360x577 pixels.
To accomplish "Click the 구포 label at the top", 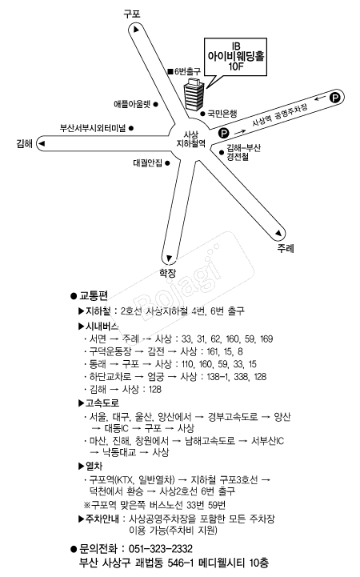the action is (x=132, y=14).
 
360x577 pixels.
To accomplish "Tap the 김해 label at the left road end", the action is (x=25, y=143).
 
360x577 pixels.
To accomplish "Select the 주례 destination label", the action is (x=286, y=248).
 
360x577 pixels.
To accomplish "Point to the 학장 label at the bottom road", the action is (x=168, y=273).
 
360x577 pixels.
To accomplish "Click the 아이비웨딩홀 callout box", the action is (x=235, y=57).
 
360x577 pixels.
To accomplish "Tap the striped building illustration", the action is (x=194, y=94).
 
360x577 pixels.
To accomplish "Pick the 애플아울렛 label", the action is (x=132, y=104).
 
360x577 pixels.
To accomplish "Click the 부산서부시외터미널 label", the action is (x=93, y=128).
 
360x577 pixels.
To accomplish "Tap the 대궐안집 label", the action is (x=147, y=162).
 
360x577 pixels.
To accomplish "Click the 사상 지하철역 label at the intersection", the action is (x=191, y=139).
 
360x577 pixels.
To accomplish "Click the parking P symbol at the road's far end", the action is (x=335, y=98).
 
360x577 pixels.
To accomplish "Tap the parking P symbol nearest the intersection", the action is (x=223, y=133).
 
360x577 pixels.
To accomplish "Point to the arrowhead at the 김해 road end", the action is (x=42, y=143).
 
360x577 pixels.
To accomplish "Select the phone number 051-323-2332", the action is (x=160, y=549).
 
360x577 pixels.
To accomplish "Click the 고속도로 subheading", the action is (x=102, y=403).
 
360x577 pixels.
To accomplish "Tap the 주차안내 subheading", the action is (x=102, y=519).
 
